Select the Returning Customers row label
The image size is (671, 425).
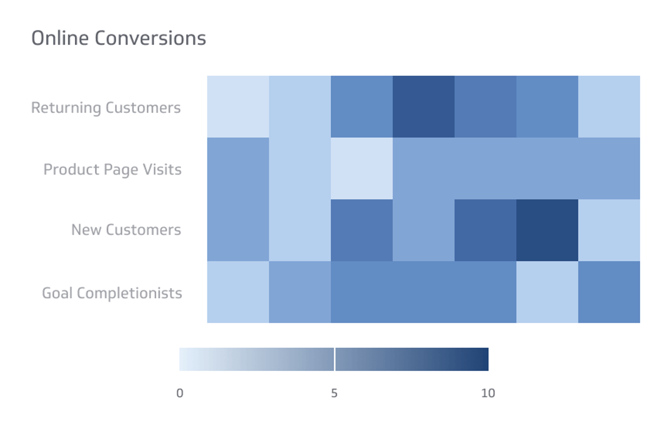pyautogui.click(x=106, y=108)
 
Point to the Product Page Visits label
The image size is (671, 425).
pyautogui.click(x=112, y=170)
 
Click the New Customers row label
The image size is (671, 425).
pyautogui.click(x=126, y=230)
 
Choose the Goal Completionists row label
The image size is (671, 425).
pyautogui.click(x=112, y=293)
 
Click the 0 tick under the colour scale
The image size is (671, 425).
pyautogui.click(x=180, y=393)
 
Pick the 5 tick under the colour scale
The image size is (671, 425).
pyautogui.click(x=334, y=393)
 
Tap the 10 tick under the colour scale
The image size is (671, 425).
pyautogui.click(x=488, y=393)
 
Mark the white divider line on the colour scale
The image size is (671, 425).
pyautogui.click(x=334, y=359)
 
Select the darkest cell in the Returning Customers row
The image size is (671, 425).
pyautogui.click(x=423, y=107)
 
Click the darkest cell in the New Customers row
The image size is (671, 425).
pyautogui.click(x=547, y=230)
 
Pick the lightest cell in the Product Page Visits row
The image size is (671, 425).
pyautogui.click(x=361, y=168)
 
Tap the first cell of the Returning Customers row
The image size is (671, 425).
pyautogui.click(x=238, y=107)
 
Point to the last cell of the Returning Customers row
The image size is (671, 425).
pyautogui.click(x=609, y=107)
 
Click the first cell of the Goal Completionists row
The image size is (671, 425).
pyautogui.click(x=238, y=292)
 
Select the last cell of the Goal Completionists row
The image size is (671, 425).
pyautogui.click(x=609, y=292)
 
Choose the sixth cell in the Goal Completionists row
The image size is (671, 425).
pyautogui.click(x=547, y=292)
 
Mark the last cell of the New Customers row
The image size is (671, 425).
pyautogui.click(x=609, y=230)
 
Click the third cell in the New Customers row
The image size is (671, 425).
pyautogui.click(x=361, y=230)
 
